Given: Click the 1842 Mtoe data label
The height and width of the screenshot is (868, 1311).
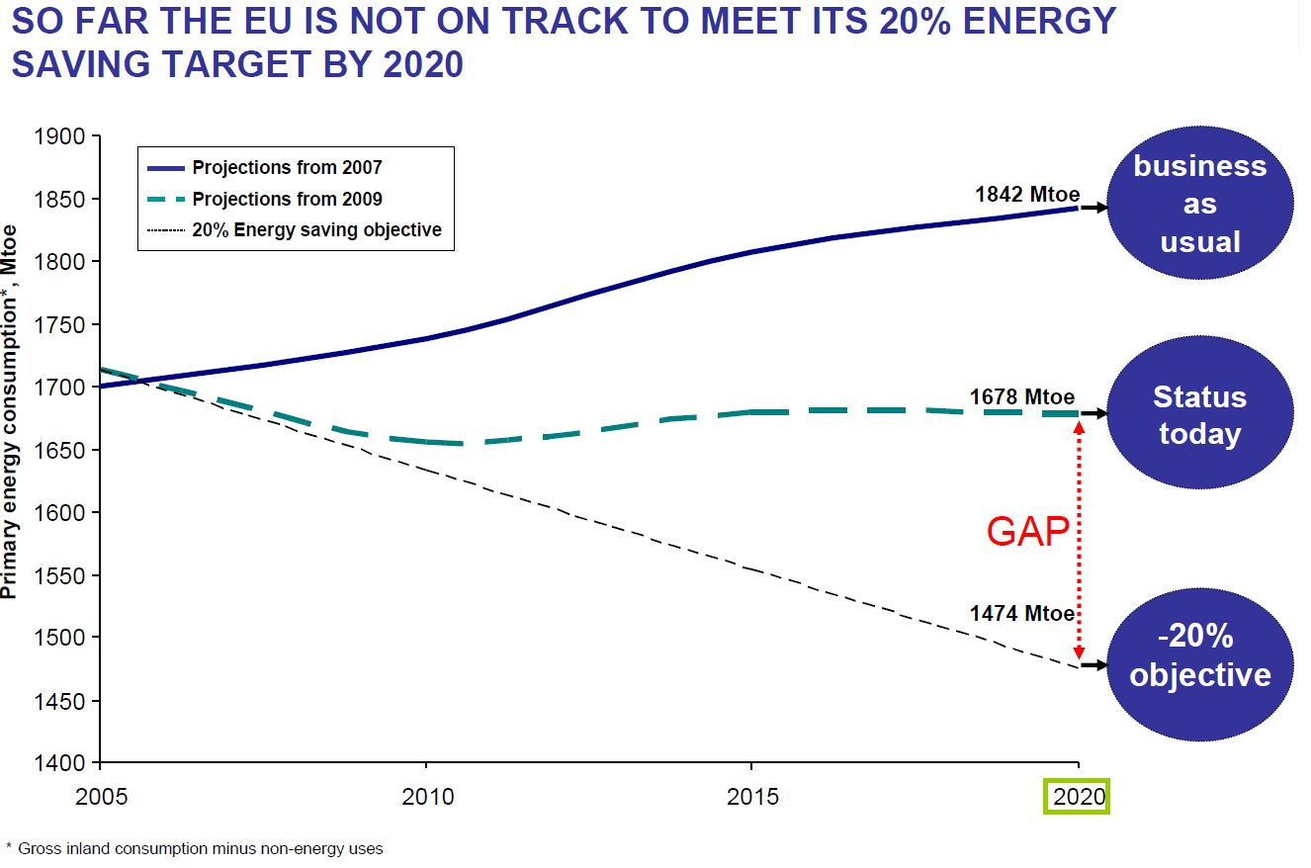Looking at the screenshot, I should [1027, 194].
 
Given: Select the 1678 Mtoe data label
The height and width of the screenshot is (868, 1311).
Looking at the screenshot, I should [1021, 397].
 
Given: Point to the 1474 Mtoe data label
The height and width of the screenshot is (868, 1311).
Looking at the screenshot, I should [1021, 614].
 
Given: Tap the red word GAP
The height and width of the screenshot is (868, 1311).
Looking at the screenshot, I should [1027, 533].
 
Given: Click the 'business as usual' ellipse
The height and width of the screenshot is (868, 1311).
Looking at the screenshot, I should [1199, 205].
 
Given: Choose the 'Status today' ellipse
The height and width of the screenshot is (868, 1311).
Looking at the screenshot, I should [1199, 415].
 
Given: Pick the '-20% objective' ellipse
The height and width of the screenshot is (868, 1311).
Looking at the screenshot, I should [1199, 656].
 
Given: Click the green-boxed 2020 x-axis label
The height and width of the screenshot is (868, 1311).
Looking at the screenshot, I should [1078, 796].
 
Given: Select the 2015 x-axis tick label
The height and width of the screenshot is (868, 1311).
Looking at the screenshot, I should [751, 796].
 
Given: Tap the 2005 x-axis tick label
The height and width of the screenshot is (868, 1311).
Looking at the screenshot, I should [100, 796].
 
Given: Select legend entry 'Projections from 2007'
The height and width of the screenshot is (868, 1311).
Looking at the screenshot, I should [287, 168].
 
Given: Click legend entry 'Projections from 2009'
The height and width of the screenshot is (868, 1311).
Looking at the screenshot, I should [287, 199].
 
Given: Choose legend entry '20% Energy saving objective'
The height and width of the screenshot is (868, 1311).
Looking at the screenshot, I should [316, 229].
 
